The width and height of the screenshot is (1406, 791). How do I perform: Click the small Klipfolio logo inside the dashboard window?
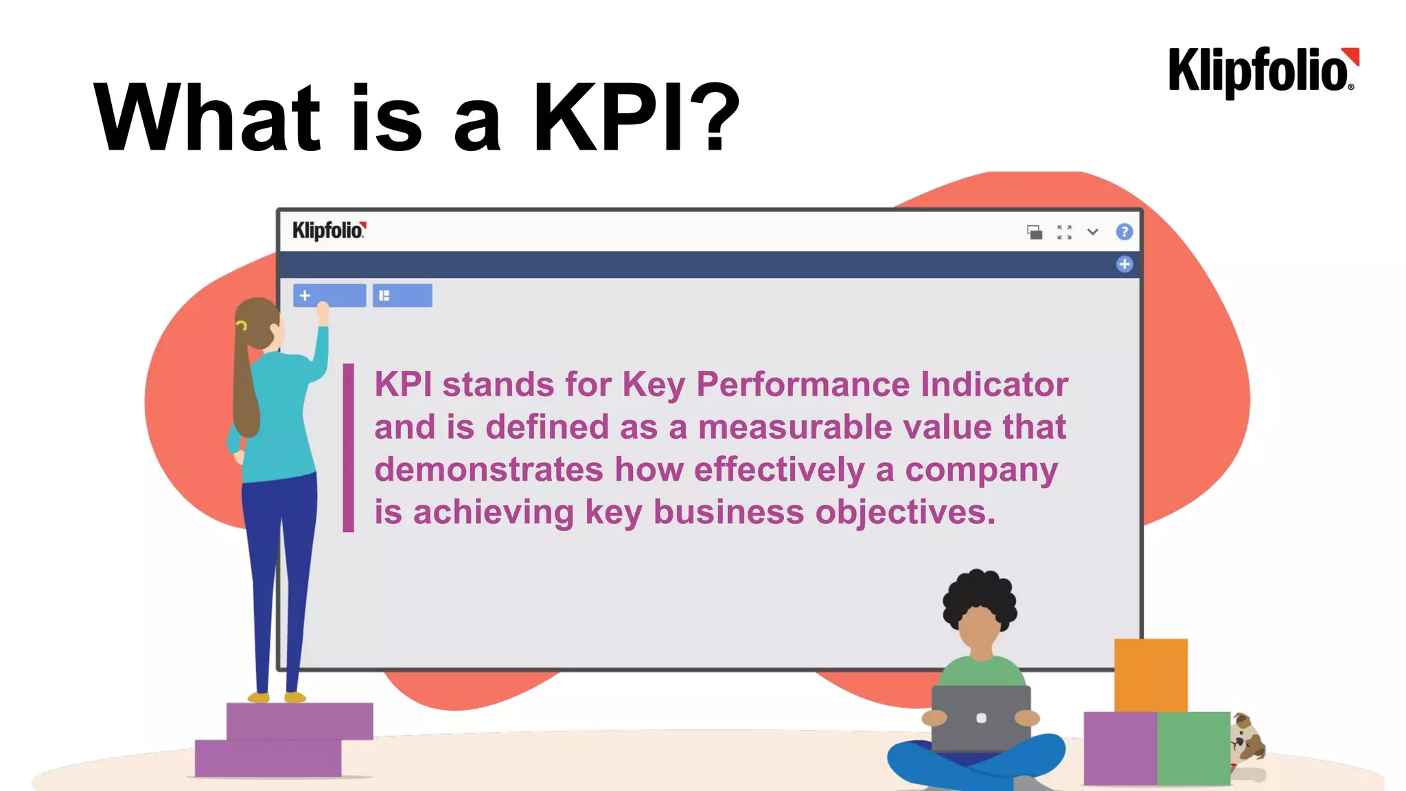coord(329,231)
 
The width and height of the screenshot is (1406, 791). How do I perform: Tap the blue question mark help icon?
coord(1124,232)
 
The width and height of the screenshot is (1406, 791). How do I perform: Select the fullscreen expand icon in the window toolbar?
coord(1064,233)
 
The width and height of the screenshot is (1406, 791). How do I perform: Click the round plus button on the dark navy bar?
coord(1124,264)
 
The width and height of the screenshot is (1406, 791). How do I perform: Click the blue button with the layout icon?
coord(402,295)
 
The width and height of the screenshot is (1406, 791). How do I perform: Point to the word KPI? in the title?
coord(636,117)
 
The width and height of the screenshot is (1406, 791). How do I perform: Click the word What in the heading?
coord(207,117)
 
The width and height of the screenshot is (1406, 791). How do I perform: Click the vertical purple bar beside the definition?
coord(349,448)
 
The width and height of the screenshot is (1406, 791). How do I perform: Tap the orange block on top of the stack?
coord(1151,675)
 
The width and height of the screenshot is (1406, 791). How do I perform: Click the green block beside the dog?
coord(1193,748)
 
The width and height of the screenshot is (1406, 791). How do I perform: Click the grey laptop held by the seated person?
coord(981,718)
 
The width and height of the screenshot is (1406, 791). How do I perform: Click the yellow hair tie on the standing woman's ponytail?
coord(242,325)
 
